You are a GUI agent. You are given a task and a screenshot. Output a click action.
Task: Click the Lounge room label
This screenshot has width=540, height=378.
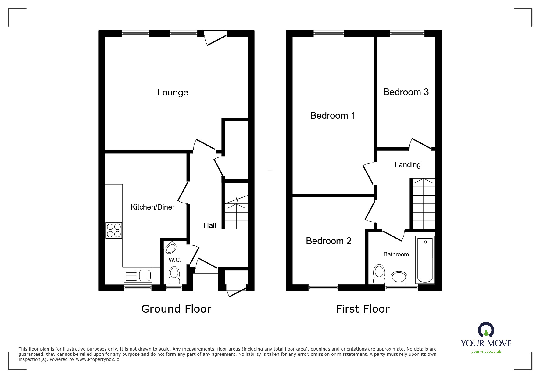[x=173, y=92]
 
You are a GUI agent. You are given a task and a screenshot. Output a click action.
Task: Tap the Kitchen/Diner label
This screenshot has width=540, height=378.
[x=152, y=207]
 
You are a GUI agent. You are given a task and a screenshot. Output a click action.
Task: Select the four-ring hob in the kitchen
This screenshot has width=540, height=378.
[x=114, y=230]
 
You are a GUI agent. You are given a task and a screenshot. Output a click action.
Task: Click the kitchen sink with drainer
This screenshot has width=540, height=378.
[x=138, y=275]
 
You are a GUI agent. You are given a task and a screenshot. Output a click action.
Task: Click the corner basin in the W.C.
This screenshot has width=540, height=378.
[x=170, y=247]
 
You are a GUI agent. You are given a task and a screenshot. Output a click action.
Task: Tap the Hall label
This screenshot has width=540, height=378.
[x=210, y=225]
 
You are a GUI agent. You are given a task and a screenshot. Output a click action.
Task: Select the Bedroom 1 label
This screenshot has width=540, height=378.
[x=333, y=116]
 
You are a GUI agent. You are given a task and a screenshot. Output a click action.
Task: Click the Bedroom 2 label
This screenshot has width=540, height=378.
[x=328, y=241]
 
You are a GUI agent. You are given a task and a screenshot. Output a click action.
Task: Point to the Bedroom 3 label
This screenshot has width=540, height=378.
[x=406, y=92]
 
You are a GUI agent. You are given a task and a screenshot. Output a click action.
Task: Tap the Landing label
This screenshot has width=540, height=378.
[x=408, y=165]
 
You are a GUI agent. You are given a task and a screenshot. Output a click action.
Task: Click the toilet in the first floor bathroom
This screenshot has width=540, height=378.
[x=379, y=274]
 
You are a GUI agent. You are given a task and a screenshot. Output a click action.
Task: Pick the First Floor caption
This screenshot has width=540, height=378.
[x=363, y=309]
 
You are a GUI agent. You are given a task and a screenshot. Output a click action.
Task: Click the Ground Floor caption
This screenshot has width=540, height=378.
[x=176, y=309]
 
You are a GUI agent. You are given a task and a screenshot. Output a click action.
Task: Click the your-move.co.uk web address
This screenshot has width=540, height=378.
[x=486, y=352]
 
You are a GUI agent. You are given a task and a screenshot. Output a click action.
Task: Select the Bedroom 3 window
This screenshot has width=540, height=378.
[x=407, y=34]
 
